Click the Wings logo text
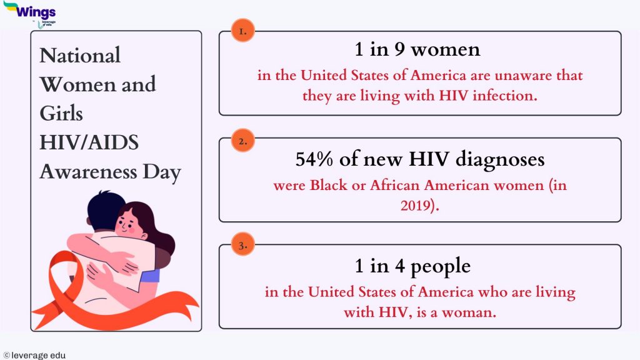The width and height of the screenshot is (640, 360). tap(36, 11)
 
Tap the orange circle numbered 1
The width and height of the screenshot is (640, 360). tap(242, 30)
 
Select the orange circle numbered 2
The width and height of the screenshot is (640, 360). tap(242, 141)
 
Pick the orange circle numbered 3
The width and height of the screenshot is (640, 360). tap(242, 246)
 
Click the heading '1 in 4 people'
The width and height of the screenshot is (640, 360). tap(412, 266)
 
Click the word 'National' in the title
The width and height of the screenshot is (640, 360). tap(80, 56)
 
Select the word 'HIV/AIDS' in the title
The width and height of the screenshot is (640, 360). tap(89, 142)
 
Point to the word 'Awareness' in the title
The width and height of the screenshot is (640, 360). tap(88, 171)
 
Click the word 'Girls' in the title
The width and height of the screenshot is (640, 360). tap(61, 114)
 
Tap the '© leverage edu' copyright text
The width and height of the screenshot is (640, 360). tap(34, 355)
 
